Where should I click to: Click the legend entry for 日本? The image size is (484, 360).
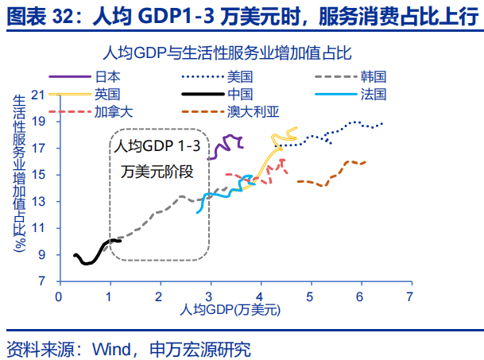[x=107, y=77]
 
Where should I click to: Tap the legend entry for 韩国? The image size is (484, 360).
[x=373, y=77]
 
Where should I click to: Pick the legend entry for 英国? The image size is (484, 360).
[x=107, y=95]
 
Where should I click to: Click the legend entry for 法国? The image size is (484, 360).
[x=373, y=95]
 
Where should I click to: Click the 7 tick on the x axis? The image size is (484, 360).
[x=410, y=296]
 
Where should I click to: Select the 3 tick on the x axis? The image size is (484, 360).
[x=210, y=296]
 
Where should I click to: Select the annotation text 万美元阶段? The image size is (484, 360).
[x=157, y=171]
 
